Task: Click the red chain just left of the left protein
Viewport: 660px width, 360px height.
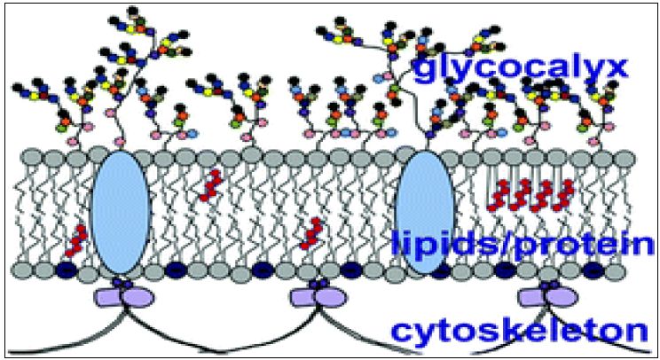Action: click(78, 240)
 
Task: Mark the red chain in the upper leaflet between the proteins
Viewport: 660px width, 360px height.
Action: click(210, 186)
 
